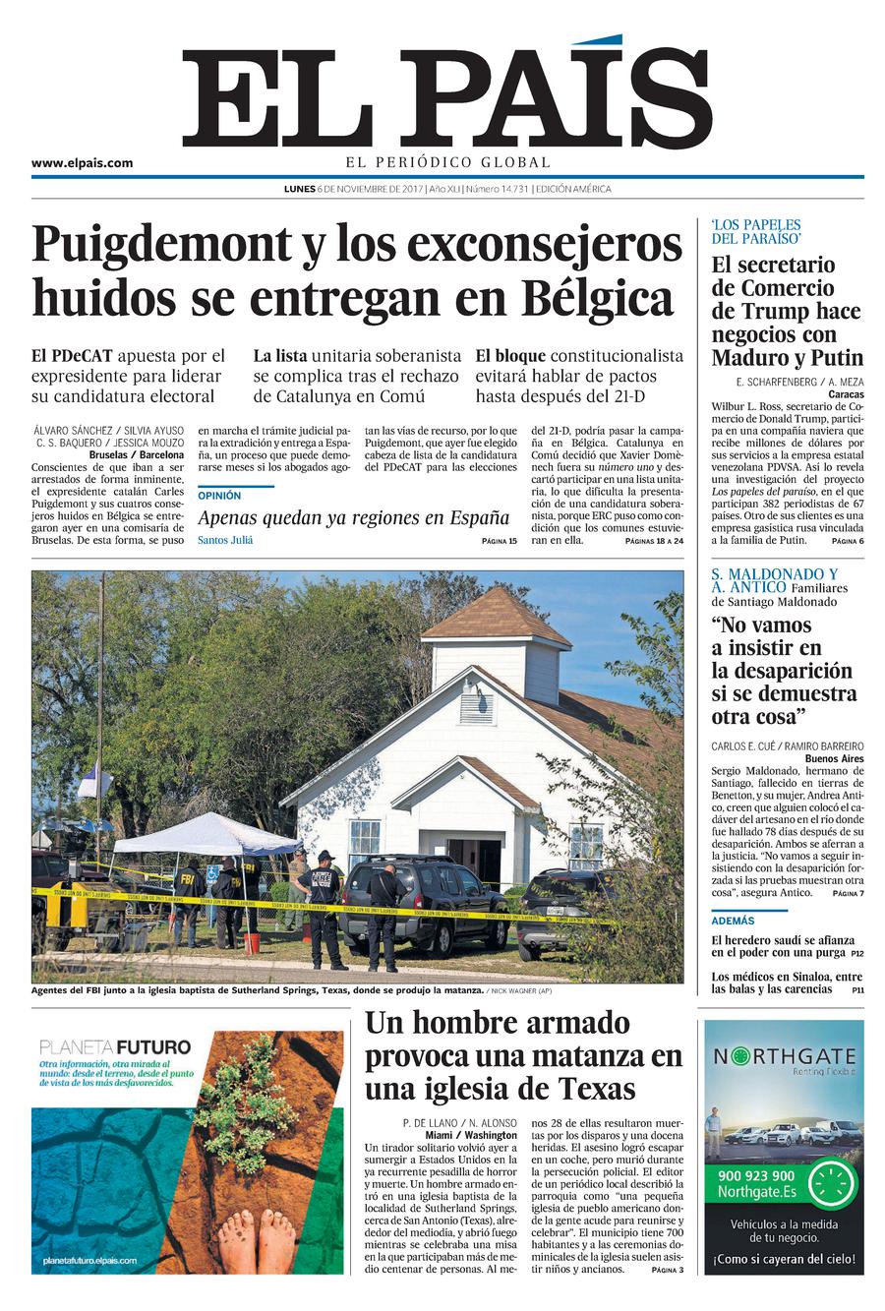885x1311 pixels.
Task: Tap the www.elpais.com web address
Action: (82, 163)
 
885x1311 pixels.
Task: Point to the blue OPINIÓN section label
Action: (219, 496)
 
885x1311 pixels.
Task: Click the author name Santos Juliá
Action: (225, 540)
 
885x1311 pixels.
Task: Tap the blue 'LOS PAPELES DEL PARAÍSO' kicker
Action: (756, 231)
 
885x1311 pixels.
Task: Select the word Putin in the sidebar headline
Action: (837, 357)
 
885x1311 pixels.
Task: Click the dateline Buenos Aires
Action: (834, 759)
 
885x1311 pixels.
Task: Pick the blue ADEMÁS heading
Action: (734, 921)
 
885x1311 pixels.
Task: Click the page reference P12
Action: (857, 953)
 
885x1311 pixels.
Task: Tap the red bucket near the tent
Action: (253, 942)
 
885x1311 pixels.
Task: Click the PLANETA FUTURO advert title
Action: (114, 1047)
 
